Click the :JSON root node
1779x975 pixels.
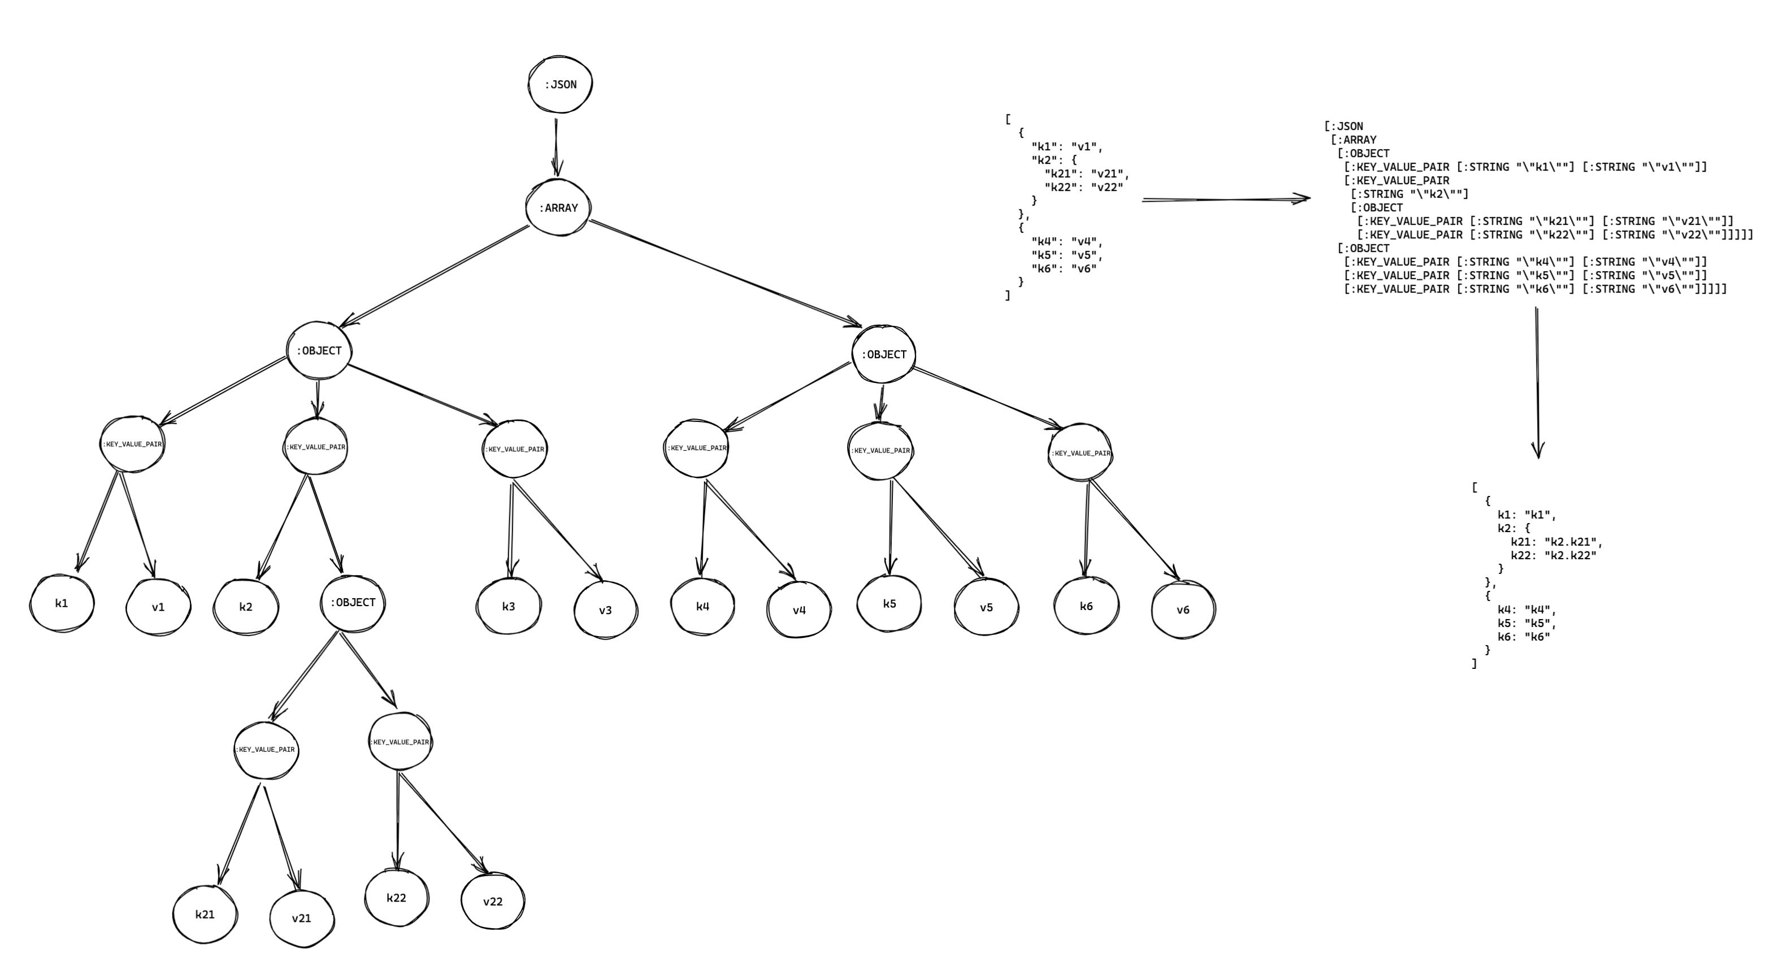560,85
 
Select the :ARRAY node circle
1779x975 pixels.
558,208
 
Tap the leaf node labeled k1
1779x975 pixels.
62,603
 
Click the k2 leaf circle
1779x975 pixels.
246,607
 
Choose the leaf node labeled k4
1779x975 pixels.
702,606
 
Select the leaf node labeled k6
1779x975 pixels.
1086,606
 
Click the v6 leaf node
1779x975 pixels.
1183,610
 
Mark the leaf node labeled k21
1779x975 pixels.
205,914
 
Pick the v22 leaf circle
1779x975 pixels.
492,902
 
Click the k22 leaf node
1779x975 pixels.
396,898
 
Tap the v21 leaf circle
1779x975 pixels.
302,919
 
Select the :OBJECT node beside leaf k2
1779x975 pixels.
353,603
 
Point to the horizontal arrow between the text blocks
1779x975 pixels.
1226,199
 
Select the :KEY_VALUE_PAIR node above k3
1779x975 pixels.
514,450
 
